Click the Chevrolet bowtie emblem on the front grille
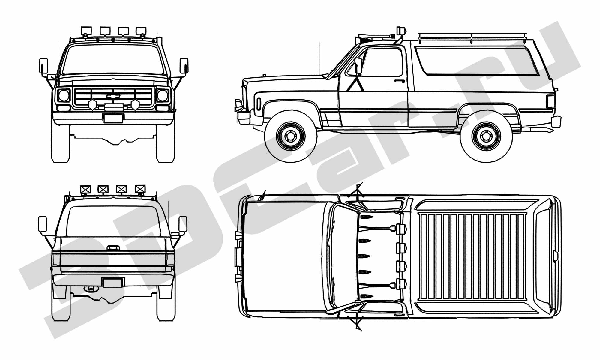tap(113, 96)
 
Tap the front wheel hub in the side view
tap(290, 136)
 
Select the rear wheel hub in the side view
tap(486, 136)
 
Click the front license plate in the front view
tap(113, 118)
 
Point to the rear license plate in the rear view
tap(112, 283)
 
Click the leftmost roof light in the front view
tap(86, 31)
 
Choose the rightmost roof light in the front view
tap(141, 31)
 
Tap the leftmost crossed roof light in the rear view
tap(85, 189)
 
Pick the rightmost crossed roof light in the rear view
tap(140, 189)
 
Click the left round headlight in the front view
tap(64, 96)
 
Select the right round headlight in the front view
tap(163, 96)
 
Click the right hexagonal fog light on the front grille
tap(135, 105)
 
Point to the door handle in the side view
tap(399, 81)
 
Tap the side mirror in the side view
tap(358, 66)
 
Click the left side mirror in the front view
tap(43, 66)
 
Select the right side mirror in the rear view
tap(183, 224)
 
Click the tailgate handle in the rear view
tap(113, 248)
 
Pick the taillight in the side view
tap(550, 101)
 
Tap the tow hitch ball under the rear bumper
tap(91, 289)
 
